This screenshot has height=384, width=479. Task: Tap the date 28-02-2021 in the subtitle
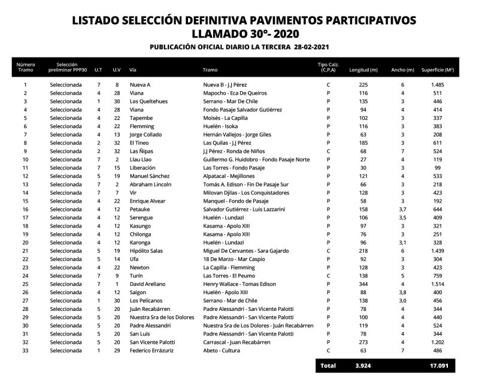pos(305,47)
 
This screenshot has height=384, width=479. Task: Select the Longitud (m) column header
pos(363,69)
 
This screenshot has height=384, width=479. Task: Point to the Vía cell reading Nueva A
pos(140,85)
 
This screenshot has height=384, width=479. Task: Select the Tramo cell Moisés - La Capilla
pos(225,118)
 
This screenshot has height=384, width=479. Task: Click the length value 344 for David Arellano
pos(363,284)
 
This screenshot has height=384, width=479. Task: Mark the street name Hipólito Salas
pos(147,251)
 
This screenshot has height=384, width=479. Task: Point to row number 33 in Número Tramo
pos(25,350)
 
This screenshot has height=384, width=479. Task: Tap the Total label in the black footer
pos(328,365)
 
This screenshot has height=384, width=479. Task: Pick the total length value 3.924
pos(363,365)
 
